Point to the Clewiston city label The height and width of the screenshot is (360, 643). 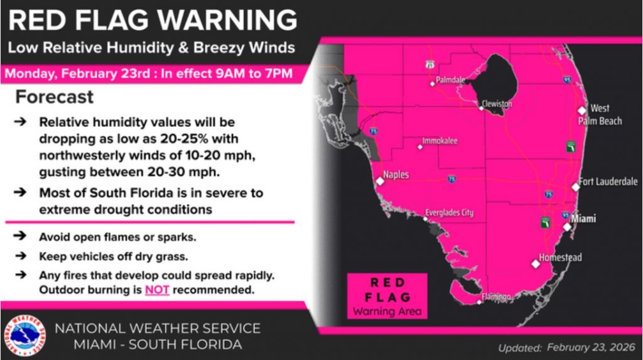point(497,104)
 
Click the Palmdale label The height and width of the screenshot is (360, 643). point(451,80)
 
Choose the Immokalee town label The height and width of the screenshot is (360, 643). point(440,141)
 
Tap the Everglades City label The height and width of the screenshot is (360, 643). point(450,213)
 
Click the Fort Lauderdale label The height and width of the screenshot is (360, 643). point(608,182)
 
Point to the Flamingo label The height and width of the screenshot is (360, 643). point(497,296)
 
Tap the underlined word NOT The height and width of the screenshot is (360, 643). point(158,290)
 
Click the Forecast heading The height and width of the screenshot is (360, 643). point(55,97)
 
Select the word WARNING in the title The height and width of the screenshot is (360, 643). point(227,19)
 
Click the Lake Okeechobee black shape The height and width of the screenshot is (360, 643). point(496,78)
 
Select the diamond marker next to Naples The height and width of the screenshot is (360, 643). point(379,181)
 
